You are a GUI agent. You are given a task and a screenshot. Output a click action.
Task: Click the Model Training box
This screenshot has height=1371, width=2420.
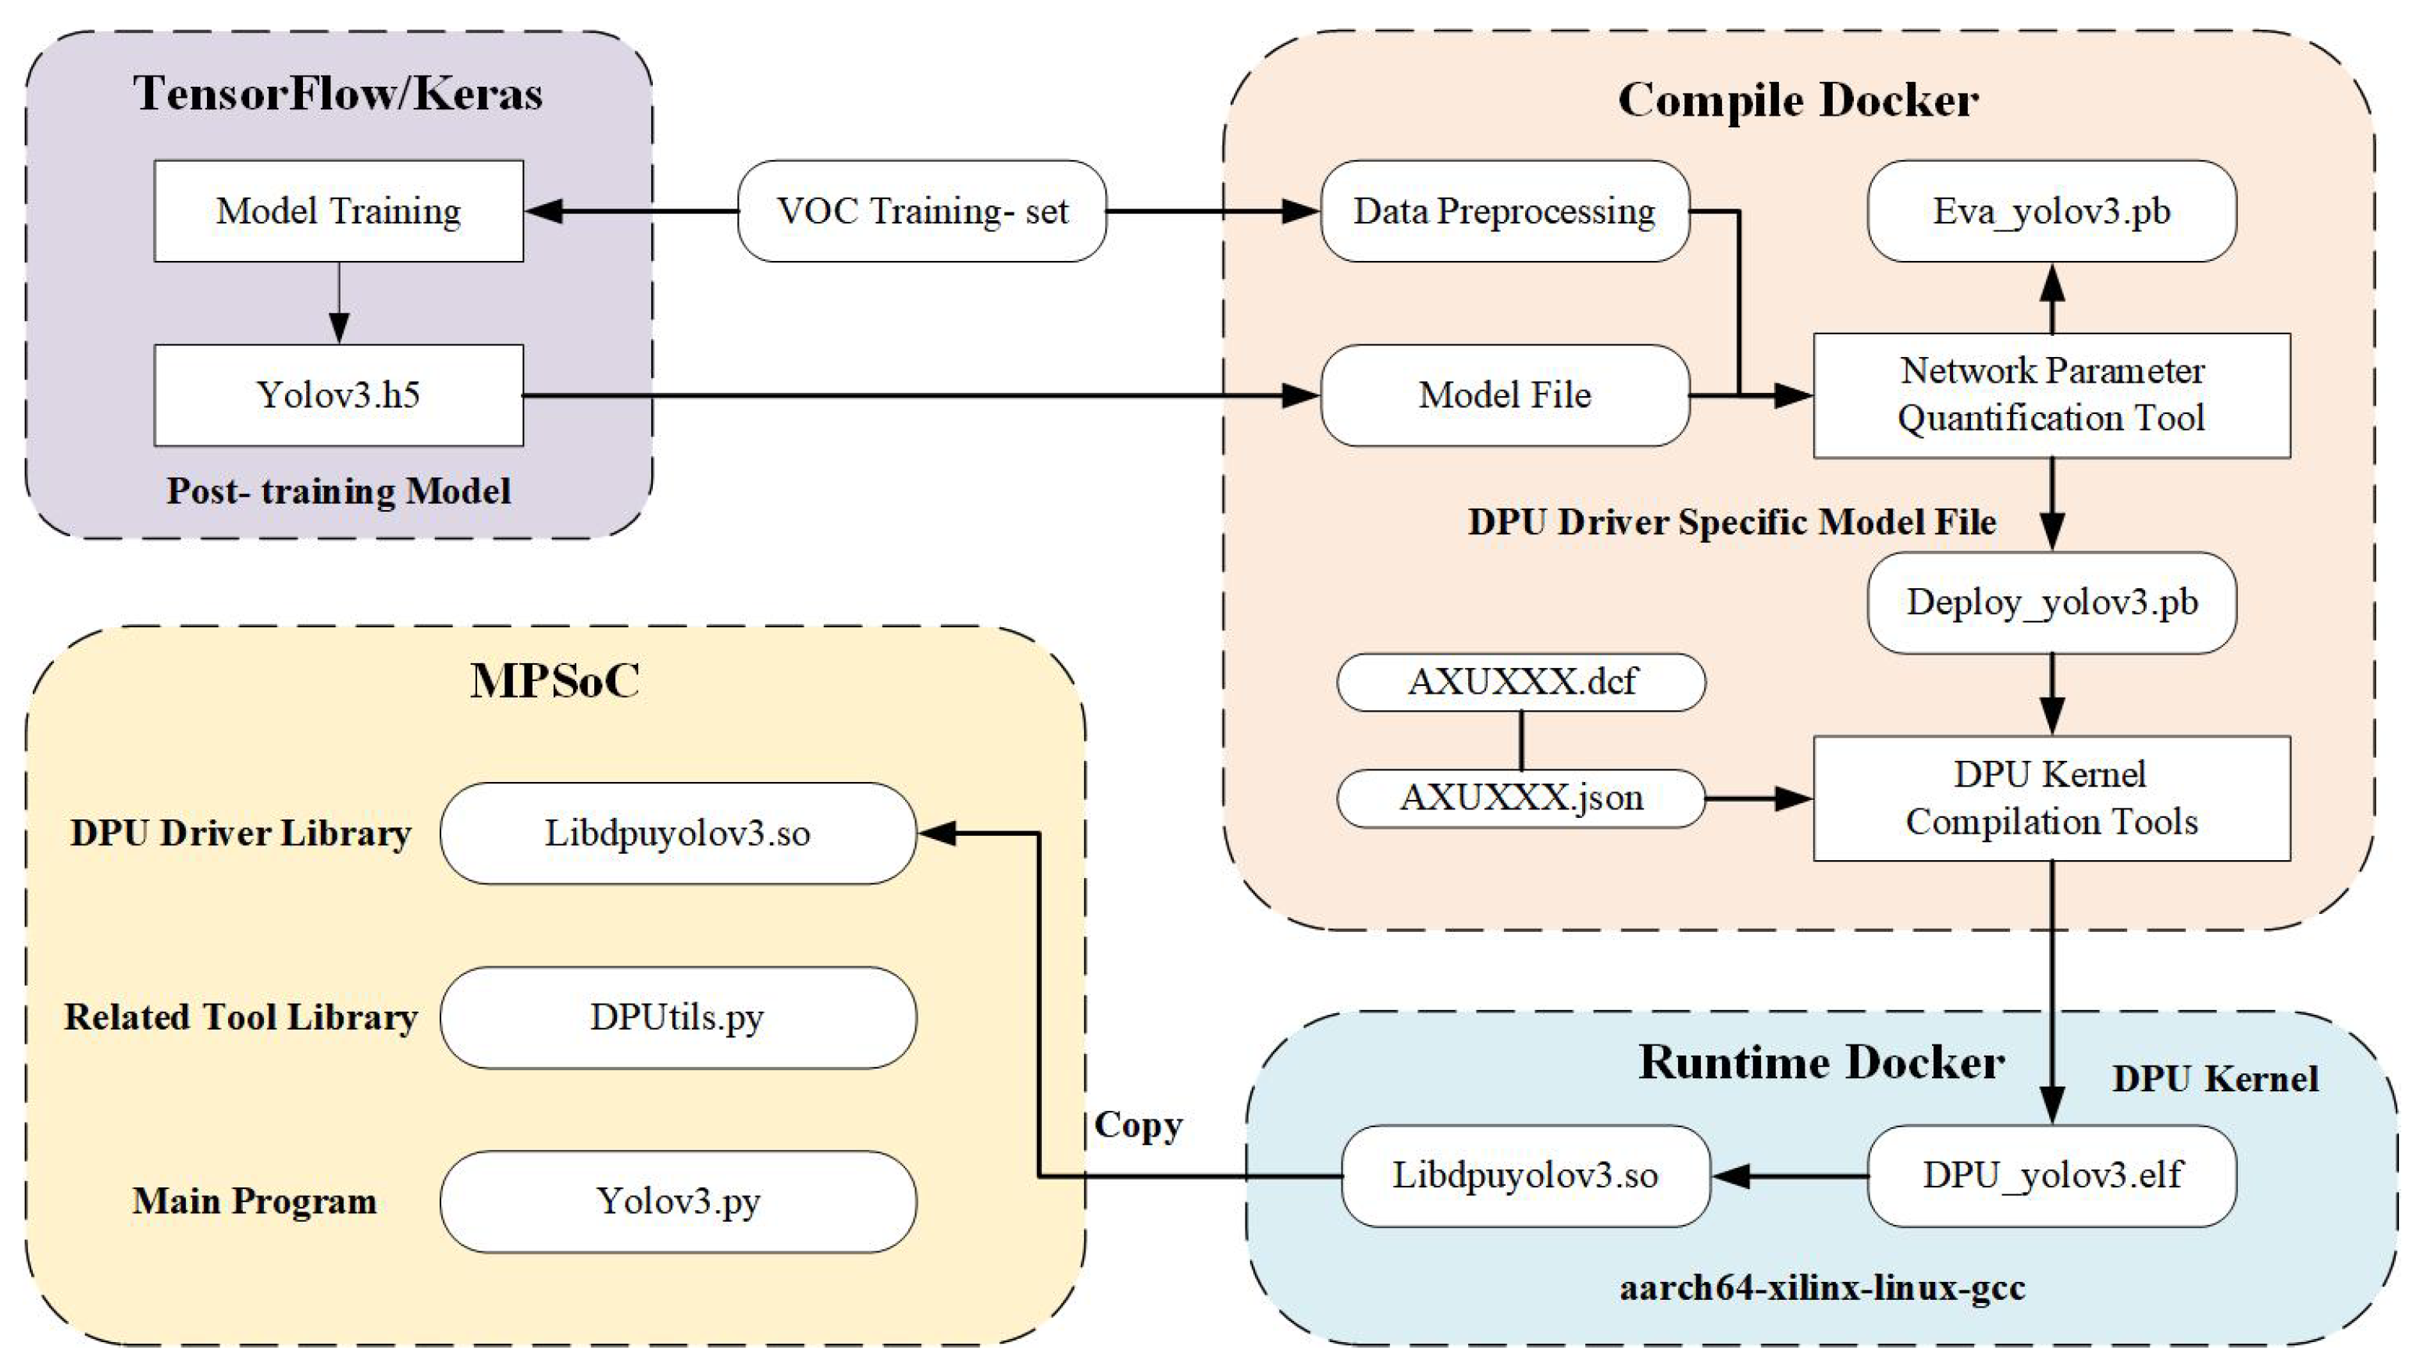click(338, 211)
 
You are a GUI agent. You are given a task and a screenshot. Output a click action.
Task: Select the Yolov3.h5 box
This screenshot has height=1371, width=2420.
click(338, 395)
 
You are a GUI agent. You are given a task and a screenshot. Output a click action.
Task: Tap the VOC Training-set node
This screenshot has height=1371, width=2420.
click(921, 211)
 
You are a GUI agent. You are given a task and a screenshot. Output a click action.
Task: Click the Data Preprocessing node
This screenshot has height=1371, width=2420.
click(1504, 211)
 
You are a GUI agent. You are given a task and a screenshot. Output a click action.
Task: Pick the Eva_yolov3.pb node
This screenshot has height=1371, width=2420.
click(2051, 211)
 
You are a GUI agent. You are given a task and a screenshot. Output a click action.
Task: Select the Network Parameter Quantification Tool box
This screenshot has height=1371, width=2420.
click(2051, 395)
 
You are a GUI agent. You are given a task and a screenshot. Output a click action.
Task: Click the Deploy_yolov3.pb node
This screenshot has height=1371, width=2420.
click(2051, 602)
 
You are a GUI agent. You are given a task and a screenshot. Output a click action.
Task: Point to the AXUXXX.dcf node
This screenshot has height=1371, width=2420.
click(1521, 682)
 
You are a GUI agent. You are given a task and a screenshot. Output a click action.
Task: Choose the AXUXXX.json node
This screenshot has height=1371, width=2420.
click(1521, 798)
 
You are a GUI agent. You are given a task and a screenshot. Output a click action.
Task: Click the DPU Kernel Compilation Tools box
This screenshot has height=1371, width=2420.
click(2051, 798)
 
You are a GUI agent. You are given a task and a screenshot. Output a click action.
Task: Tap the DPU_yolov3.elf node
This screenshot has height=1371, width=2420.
click(2051, 1175)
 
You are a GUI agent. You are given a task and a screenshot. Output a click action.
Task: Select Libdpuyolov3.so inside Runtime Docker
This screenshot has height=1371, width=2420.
click(1525, 1175)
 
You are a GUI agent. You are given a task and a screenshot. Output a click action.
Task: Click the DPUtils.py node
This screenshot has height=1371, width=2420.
click(678, 1017)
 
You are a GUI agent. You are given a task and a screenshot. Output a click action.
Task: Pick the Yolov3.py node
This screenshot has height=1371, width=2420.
click(678, 1201)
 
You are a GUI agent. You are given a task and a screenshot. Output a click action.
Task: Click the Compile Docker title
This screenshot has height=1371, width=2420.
click(1798, 100)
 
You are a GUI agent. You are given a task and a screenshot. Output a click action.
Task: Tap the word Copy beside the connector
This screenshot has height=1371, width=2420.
click(1138, 1125)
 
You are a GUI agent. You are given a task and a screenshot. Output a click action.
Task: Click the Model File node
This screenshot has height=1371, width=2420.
click(1504, 395)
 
